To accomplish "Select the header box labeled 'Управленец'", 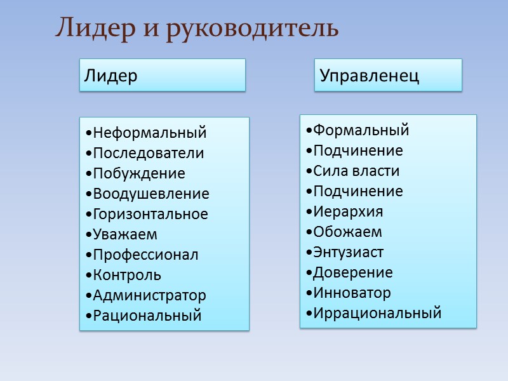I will (x=388, y=76).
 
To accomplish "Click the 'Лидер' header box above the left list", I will (x=162, y=76).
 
